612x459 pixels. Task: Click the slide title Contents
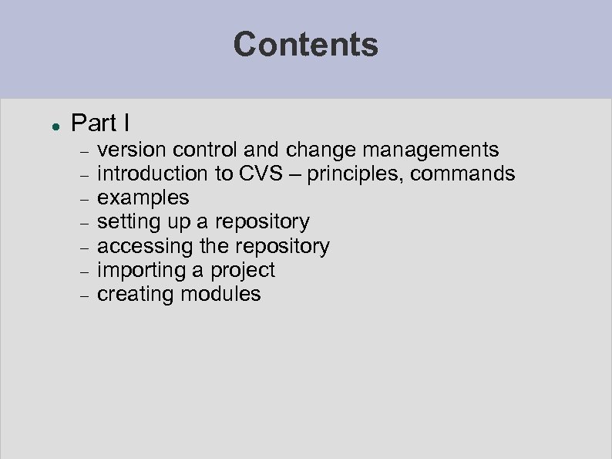coord(306,44)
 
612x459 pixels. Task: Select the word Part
coord(91,123)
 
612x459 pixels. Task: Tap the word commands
coord(462,174)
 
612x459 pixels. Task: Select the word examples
coord(143,198)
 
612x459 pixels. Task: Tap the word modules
coord(223,294)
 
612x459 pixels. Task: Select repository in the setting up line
coord(262,222)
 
